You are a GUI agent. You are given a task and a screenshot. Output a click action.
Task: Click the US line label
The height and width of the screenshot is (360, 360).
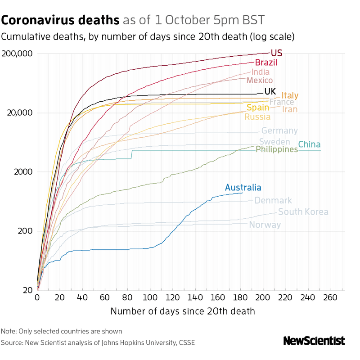tap(276, 54)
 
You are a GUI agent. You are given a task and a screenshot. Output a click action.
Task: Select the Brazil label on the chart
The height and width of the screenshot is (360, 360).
tap(266, 63)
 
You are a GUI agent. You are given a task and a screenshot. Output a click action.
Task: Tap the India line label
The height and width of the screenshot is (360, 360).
tap(261, 72)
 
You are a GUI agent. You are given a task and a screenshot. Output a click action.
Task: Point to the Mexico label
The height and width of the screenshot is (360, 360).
tap(260, 80)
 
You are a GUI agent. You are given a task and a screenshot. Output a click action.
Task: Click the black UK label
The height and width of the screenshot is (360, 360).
tap(270, 91)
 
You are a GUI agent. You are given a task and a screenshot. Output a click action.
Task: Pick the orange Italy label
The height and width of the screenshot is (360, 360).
tap(290, 95)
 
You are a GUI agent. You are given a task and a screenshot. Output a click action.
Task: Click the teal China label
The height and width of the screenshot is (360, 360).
tap(310, 144)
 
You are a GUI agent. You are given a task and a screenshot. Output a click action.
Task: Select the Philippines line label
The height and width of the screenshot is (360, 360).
tap(277, 149)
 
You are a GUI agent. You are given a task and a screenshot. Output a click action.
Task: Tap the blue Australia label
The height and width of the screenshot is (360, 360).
tap(243, 188)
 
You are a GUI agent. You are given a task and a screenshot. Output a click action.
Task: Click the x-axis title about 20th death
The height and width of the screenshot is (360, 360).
tap(183, 311)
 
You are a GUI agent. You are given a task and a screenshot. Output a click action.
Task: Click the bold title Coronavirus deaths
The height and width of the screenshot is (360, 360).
tap(61, 20)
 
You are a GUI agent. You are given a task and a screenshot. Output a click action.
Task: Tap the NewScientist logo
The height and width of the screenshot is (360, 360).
tap(314, 341)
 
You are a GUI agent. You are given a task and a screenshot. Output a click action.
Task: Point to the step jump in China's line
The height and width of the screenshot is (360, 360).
tap(132, 154)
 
